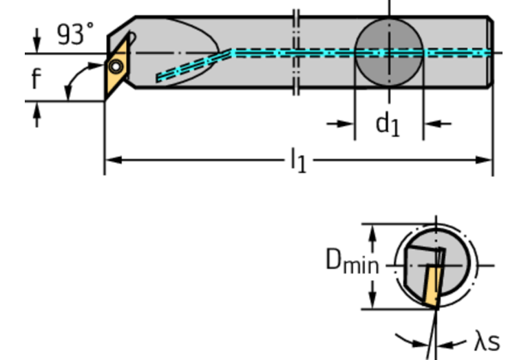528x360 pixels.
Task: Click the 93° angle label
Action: tap(75, 34)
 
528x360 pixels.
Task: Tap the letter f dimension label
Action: tap(36, 78)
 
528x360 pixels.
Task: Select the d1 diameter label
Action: tap(387, 125)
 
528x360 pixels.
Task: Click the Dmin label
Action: tap(352, 263)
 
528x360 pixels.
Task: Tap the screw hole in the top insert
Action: tap(116, 66)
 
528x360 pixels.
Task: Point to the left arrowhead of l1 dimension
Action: tap(112, 160)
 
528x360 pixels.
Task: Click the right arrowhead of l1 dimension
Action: tap(486, 160)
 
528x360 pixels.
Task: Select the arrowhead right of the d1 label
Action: tap(430, 124)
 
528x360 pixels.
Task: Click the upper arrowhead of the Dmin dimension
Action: tap(372, 231)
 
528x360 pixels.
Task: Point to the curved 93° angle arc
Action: tap(71, 79)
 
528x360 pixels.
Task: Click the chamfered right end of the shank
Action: tap(491, 52)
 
